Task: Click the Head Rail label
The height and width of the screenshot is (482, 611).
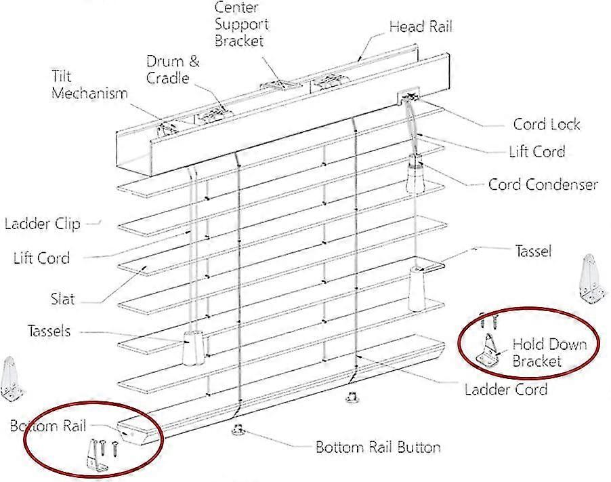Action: (421, 26)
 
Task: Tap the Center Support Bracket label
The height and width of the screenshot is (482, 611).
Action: (242, 24)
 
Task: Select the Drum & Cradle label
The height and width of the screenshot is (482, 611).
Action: (173, 69)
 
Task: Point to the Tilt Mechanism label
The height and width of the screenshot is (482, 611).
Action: (89, 85)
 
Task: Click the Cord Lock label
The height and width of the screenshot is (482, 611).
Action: (547, 124)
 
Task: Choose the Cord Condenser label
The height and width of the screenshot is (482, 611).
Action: (543, 184)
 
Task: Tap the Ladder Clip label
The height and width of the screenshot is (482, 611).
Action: (43, 224)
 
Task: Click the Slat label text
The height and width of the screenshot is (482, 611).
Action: (62, 299)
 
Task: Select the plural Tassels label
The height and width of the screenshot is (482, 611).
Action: (49, 331)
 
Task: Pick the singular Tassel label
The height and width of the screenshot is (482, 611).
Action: (533, 251)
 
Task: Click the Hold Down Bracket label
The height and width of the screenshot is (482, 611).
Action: (549, 353)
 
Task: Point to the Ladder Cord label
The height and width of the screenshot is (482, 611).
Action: (506, 389)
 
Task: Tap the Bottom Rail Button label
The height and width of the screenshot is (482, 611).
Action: (378, 447)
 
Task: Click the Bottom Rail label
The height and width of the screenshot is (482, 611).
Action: (47, 426)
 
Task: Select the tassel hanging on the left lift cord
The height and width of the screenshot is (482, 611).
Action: (193, 348)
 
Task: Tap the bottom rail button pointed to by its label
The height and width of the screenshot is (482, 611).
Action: (238, 430)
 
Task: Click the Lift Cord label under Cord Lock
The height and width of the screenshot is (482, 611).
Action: (537, 151)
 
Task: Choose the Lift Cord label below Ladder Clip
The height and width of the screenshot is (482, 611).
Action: (41, 258)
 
